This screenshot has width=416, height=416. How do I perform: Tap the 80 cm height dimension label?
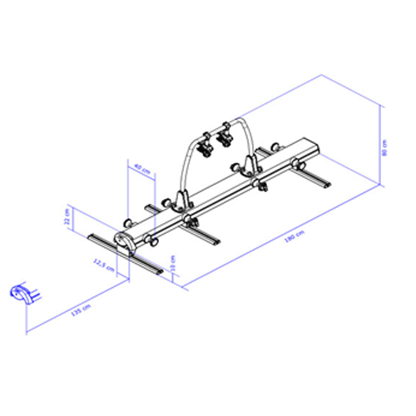pyautogui.click(x=385, y=147)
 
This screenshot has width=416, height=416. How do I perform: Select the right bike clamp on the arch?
pyautogui.click(x=224, y=133)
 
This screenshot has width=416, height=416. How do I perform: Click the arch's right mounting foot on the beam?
pyautogui.click(x=253, y=163)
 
